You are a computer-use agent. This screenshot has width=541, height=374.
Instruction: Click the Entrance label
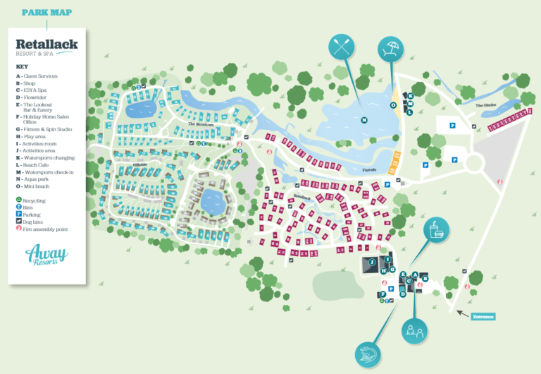(x=483, y=317)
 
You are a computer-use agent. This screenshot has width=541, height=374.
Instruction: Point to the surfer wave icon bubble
(x=368, y=354)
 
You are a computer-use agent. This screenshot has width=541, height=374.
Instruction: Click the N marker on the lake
(x=364, y=120)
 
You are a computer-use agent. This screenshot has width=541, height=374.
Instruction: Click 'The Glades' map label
(x=486, y=106)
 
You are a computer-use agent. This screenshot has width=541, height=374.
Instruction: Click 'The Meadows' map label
(x=200, y=123)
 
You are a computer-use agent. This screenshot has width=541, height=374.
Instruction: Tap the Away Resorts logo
(x=42, y=255)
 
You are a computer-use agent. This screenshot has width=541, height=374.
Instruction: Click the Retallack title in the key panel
(x=46, y=44)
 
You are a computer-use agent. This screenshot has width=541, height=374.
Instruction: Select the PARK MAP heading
(x=46, y=12)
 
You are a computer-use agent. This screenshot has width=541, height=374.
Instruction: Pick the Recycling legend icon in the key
(x=18, y=200)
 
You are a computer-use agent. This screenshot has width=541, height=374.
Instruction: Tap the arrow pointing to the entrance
(x=462, y=313)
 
